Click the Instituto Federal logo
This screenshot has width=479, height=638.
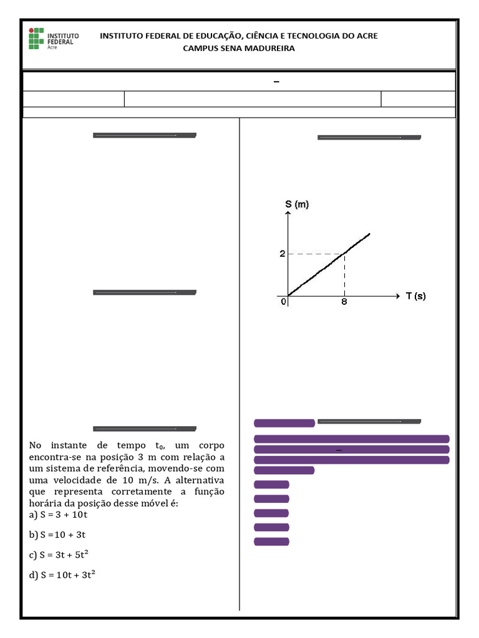pyautogui.click(x=52, y=39)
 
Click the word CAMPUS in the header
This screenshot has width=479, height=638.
pyautogui.click(x=198, y=49)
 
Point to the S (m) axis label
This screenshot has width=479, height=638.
pyautogui.click(x=297, y=204)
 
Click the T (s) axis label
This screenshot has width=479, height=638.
pyautogui.click(x=416, y=296)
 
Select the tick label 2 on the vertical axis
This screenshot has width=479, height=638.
pyautogui.click(x=282, y=254)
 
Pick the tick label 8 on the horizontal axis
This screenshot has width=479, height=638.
pyautogui.click(x=344, y=302)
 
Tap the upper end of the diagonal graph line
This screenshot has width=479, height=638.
pyautogui.click(x=369, y=234)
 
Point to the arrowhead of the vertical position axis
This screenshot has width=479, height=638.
pyautogui.click(x=288, y=214)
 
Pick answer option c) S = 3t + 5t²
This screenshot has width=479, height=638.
pyautogui.click(x=62, y=555)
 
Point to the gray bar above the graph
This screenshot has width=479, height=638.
pyautogui.click(x=369, y=137)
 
